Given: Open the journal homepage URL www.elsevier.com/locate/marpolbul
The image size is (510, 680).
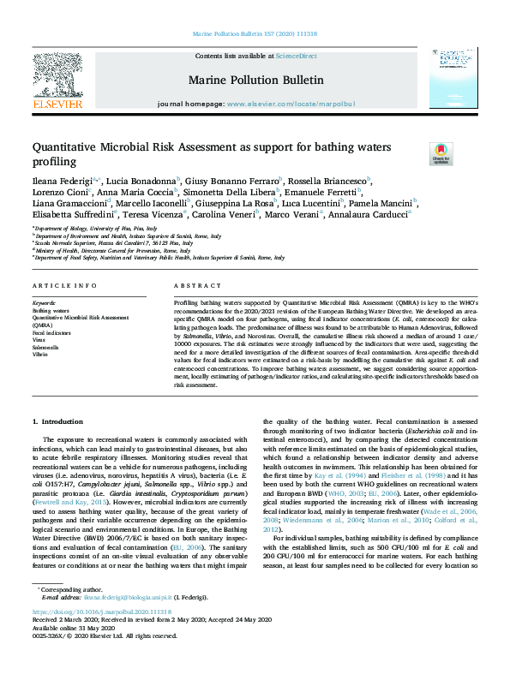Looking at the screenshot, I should click(x=291, y=104).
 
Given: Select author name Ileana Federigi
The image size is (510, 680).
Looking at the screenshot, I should click(x=59, y=182).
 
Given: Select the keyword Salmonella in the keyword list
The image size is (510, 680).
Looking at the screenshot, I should click(x=46, y=348).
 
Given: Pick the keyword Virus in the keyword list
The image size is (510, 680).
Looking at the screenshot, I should click(x=40, y=340).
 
